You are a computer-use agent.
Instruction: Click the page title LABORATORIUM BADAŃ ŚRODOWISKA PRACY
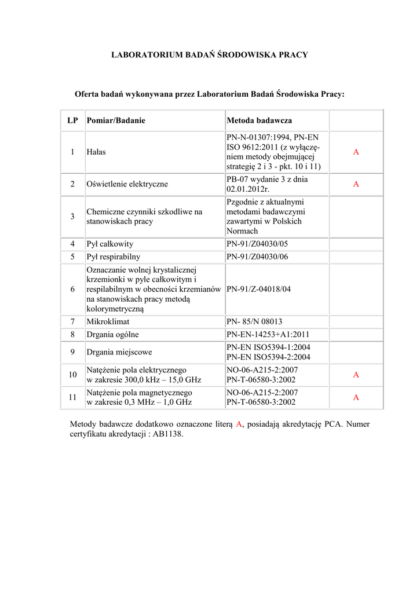tap(210, 55)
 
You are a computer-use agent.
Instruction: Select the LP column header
tap(72, 120)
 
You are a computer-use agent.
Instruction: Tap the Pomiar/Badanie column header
tap(116, 120)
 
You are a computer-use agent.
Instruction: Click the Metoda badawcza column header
tap(259, 120)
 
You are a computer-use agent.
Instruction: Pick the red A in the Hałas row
tap(356, 152)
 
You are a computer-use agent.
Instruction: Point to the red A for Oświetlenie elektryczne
tap(356, 184)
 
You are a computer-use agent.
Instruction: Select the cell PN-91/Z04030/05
tap(257, 244)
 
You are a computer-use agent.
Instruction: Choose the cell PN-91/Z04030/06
tap(257, 257)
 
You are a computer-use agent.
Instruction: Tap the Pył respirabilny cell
tap(114, 257)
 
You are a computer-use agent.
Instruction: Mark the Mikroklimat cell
tap(108, 321)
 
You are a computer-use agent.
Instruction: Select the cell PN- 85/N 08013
tap(254, 321)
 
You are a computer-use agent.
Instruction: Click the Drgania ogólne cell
tap(113, 334)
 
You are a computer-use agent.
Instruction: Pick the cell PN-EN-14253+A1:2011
tap(268, 334)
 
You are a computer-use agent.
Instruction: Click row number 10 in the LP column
tap(72, 375)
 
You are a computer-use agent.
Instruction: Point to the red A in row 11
tap(356, 397)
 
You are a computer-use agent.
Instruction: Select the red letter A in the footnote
tap(238, 424)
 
